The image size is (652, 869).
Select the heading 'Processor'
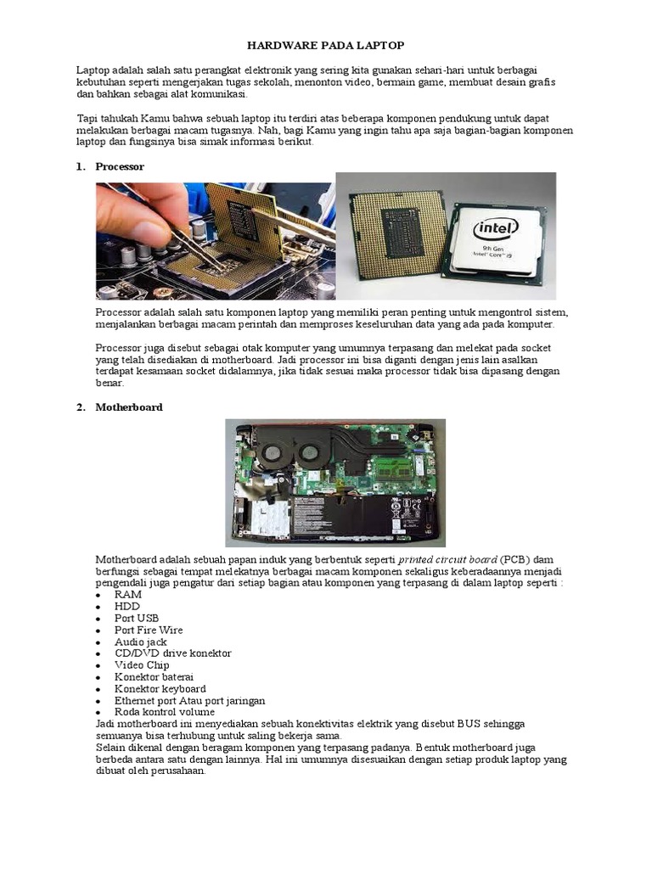click(x=120, y=167)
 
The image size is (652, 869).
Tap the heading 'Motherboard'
click(x=128, y=407)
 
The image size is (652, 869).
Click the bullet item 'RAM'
click(x=128, y=595)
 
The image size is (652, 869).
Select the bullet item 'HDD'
click(x=127, y=607)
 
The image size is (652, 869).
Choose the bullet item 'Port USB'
click(x=137, y=619)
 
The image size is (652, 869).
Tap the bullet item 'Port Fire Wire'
click(x=149, y=631)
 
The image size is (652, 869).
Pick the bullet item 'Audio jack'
click(x=141, y=642)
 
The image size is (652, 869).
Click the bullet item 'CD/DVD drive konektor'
click(x=173, y=653)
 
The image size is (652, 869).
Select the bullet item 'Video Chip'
click(x=142, y=665)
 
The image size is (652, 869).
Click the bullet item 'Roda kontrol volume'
click(x=165, y=712)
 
